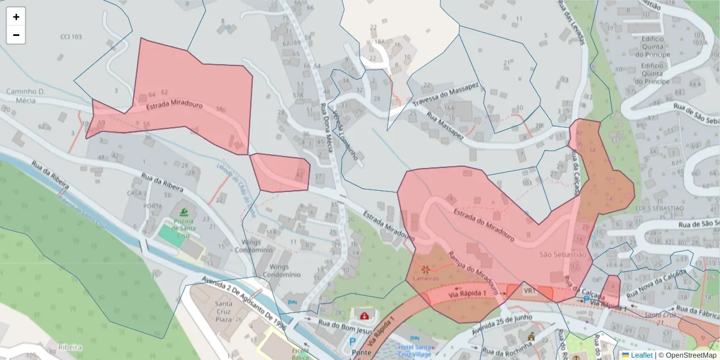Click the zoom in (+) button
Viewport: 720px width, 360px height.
(x=16, y=17)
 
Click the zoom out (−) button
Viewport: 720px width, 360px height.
(x=16, y=35)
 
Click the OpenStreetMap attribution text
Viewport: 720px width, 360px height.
(x=690, y=355)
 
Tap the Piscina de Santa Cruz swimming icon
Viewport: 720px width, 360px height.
(x=184, y=212)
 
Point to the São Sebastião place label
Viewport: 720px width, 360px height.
(x=562, y=254)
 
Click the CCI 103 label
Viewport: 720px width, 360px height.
(x=71, y=37)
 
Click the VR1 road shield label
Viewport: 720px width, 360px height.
(x=529, y=291)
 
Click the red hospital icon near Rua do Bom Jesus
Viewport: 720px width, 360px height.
(x=364, y=315)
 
